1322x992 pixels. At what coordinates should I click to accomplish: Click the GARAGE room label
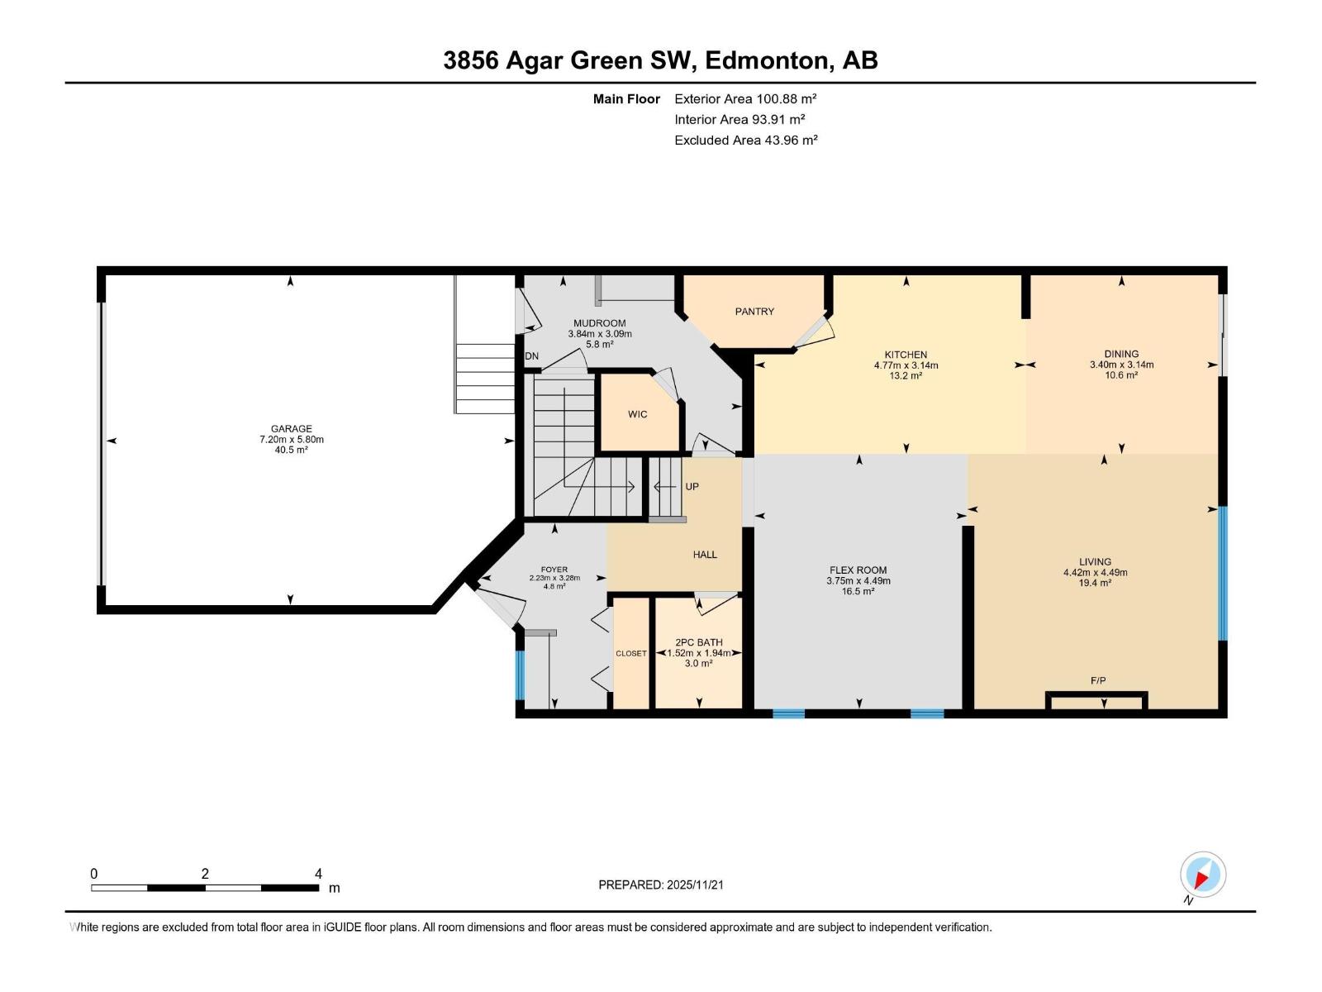[292, 428]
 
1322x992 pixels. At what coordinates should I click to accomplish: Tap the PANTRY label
[754, 312]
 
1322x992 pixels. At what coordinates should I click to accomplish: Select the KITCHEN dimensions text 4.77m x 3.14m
[906, 365]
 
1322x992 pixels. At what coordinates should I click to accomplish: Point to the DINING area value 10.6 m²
[1121, 375]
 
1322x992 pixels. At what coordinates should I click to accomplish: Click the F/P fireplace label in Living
[1098, 681]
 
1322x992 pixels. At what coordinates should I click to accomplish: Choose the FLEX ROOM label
[858, 570]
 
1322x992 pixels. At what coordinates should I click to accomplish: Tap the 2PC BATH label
[699, 642]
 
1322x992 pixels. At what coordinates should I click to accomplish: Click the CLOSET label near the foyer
[631, 654]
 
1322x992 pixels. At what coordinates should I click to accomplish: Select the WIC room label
[637, 414]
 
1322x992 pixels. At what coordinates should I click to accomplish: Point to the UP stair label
[692, 487]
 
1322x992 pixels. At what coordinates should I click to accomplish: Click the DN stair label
[532, 356]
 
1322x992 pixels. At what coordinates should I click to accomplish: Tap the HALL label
[705, 555]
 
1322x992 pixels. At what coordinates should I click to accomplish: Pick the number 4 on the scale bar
[318, 874]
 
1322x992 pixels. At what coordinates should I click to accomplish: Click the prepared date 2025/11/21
[694, 885]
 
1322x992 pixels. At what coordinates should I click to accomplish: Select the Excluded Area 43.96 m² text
[745, 141]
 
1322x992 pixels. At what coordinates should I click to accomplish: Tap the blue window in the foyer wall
[520, 675]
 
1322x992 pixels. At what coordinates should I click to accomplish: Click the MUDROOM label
[600, 323]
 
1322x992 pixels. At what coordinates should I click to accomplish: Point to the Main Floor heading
[626, 99]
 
